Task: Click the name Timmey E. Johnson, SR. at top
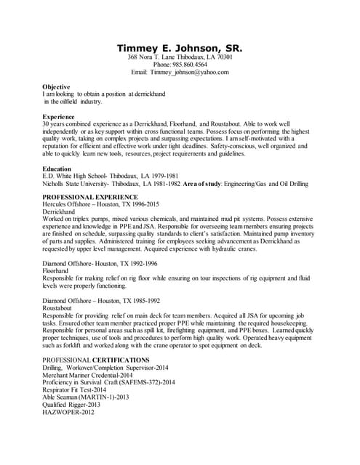180,49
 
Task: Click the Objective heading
57,86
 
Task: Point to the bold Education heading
57,168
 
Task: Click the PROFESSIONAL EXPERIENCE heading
89,197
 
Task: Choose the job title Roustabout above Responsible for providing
60,308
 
